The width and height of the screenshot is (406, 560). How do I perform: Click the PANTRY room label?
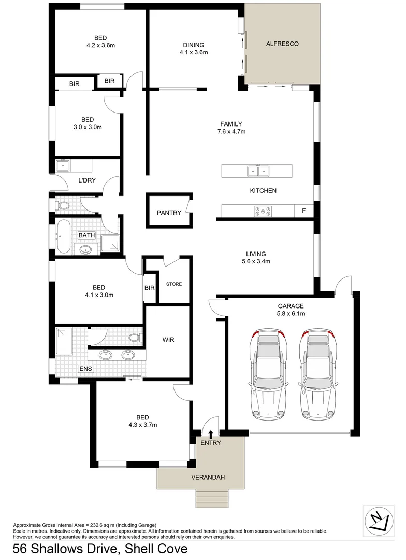click(x=169, y=213)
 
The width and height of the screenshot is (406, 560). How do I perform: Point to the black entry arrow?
click(x=211, y=433)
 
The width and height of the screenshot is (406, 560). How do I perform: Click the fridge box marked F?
click(x=303, y=211)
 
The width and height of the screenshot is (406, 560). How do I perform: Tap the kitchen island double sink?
click(x=257, y=171)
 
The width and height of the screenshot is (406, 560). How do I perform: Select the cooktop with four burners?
click(x=263, y=211)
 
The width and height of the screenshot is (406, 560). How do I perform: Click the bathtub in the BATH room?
click(x=63, y=237)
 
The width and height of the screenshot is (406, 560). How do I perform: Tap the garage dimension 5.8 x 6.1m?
click(x=290, y=313)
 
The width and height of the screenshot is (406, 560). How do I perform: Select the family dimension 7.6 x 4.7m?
click(x=231, y=132)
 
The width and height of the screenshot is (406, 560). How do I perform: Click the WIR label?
click(x=168, y=340)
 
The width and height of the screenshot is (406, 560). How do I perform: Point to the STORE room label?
click(x=173, y=284)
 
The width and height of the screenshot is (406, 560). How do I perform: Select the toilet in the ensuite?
click(x=134, y=338)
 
